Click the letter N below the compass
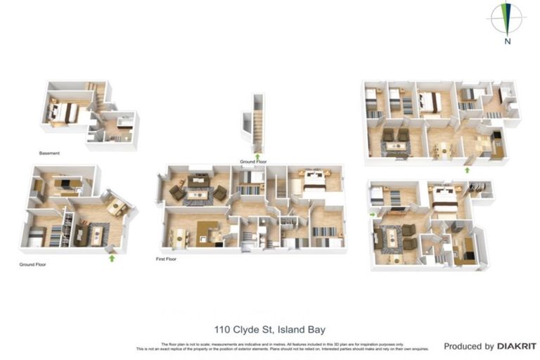507,41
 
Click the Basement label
50,153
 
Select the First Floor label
165,259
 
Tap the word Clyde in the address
248,329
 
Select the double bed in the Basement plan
64,111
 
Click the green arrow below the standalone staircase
257,156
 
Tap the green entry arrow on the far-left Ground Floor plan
111,257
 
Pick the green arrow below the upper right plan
468,169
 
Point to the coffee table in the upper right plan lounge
396,146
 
